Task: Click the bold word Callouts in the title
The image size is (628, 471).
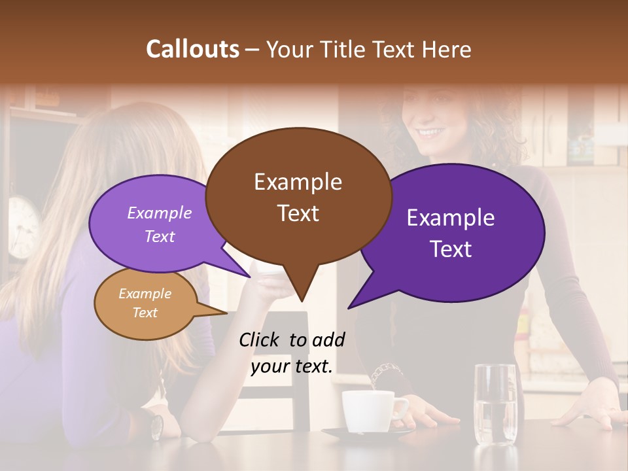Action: tap(192, 49)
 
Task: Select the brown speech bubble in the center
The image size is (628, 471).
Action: tap(298, 196)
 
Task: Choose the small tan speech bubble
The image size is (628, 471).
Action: tap(145, 303)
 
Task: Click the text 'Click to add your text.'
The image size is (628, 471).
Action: tap(292, 353)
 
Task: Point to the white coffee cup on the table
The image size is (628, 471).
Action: tap(370, 411)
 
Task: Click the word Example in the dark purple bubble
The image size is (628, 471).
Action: tap(451, 218)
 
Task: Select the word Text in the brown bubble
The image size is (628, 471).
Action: tap(298, 213)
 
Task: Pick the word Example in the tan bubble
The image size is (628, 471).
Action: tap(145, 294)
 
